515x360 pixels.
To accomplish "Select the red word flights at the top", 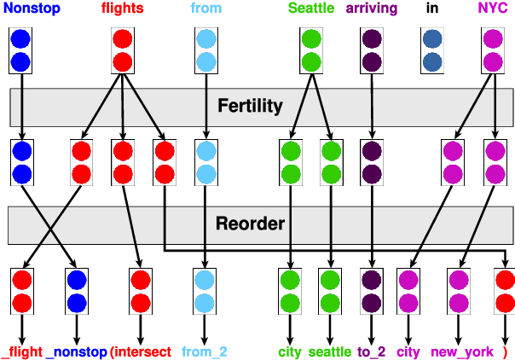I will (x=122, y=9).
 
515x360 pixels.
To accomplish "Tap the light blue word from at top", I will (x=205, y=9).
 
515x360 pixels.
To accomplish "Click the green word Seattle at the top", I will (x=311, y=9).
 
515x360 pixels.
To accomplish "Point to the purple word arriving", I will (x=371, y=9).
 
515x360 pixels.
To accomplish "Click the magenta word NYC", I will (x=492, y=9).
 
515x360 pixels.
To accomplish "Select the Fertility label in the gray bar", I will (x=250, y=106).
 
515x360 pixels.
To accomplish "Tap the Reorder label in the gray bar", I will (x=249, y=224).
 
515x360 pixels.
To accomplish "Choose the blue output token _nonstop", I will (x=76, y=351).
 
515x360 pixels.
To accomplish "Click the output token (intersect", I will (x=141, y=351).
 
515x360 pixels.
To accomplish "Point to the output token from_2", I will (x=205, y=351).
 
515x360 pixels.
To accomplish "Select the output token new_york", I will (x=457, y=351).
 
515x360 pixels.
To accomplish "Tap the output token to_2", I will (x=372, y=351).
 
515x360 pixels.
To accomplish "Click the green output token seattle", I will (x=330, y=351).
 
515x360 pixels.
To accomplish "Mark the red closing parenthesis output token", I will (x=505, y=351).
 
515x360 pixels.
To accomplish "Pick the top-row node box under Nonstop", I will (x=21, y=50).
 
